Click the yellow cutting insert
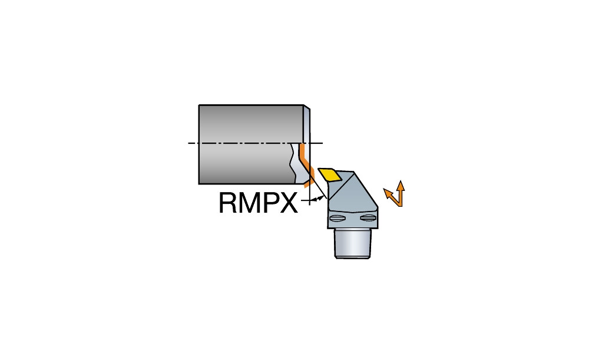pyautogui.click(x=329, y=174)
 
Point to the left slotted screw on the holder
pyautogui.click(x=336, y=219)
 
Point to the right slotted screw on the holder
pyautogui.click(x=368, y=218)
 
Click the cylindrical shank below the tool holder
pyautogui.click(x=353, y=243)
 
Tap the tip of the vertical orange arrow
pyautogui.click(x=401, y=181)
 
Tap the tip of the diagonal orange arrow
pyautogui.click(x=384, y=189)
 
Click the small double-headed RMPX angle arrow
pyautogui.click(x=319, y=198)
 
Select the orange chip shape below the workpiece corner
pyautogui.click(x=307, y=183)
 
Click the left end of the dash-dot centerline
pyautogui.click(x=188, y=143)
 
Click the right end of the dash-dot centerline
pyautogui.click(x=323, y=143)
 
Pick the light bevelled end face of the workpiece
pyautogui.click(x=306, y=124)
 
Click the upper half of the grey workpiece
pyautogui.click(x=251, y=124)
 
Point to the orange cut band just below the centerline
pyautogui.click(x=305, y=160)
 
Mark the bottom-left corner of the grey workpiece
pyautogui.click(x=199, y=184)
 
